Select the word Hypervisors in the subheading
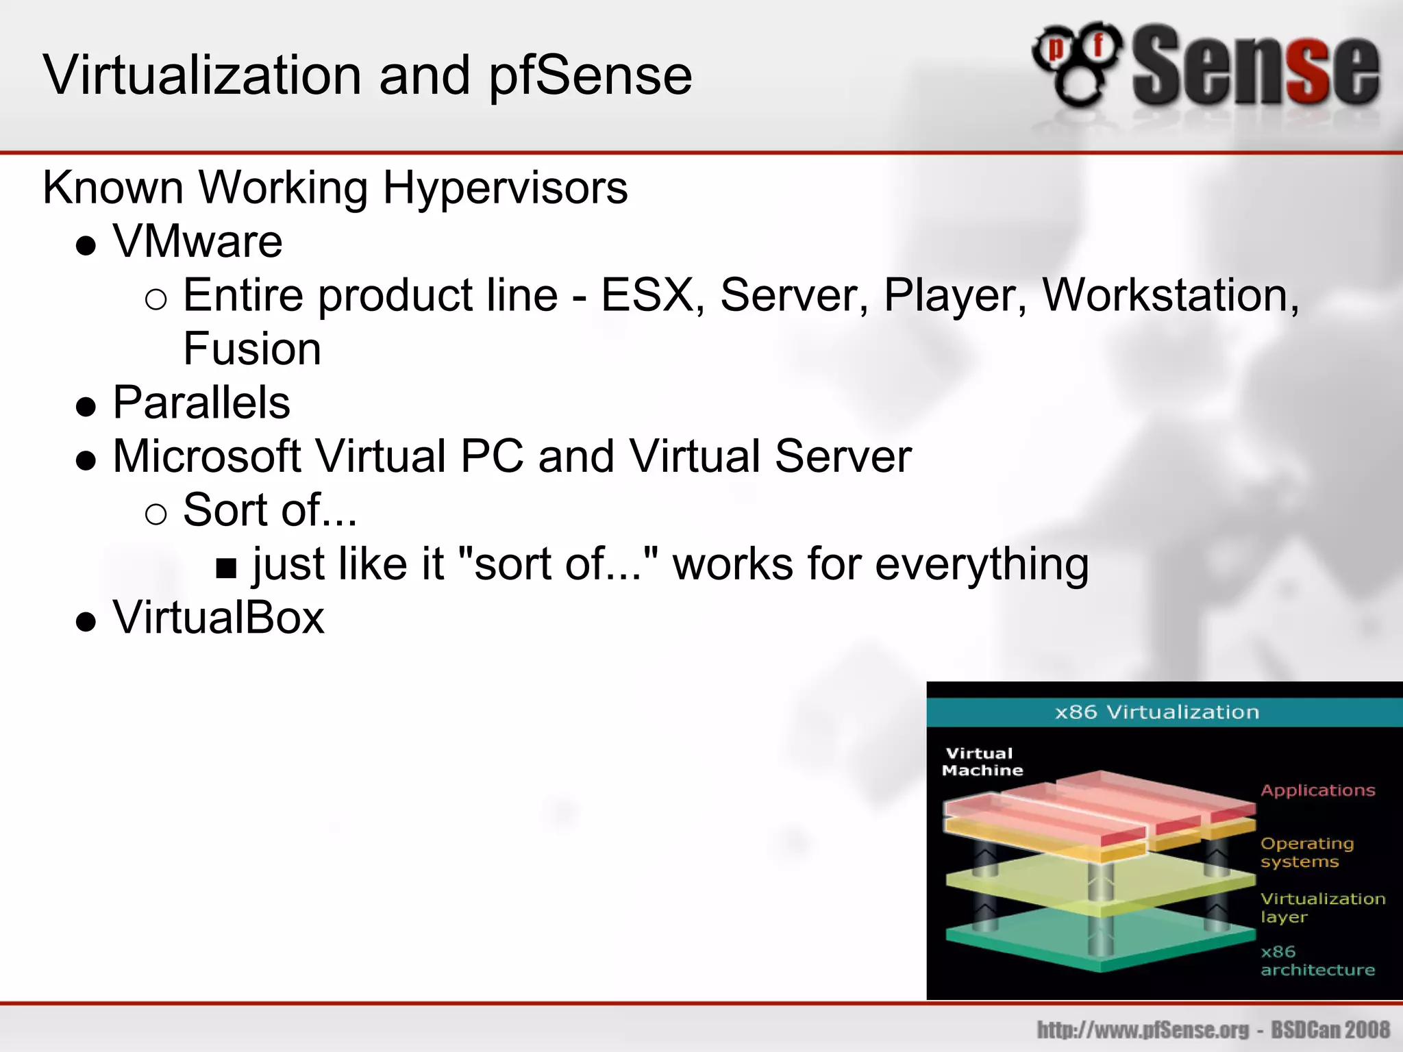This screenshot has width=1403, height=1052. (505, 188)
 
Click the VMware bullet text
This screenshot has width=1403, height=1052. (197, 242)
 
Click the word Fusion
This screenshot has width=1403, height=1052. (251, 349)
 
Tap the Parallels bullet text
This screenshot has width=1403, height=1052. (201, 403)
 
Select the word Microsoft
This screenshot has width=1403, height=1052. (207, 457)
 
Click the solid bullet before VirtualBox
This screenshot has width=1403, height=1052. (86, 621)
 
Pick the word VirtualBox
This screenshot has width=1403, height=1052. (219, 618)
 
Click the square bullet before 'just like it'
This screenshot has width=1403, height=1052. (226, 568)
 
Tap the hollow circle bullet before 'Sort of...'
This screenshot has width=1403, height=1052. (156, 514)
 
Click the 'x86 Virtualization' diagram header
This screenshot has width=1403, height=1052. (1156, 712)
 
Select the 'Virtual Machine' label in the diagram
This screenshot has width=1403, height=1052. (982, 762)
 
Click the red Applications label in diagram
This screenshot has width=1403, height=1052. (1317, 790)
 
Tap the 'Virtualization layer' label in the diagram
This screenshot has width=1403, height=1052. (1322, 907)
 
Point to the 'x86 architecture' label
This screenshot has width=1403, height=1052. (1317, 961)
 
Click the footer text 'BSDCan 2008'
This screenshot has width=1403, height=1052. (1330, 1029)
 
